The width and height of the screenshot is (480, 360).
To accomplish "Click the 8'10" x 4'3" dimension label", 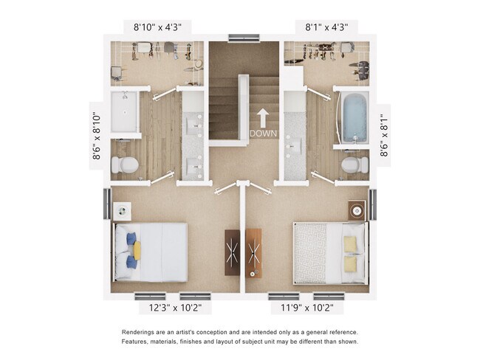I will [157, 27].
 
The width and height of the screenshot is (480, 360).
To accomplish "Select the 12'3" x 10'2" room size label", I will [175, 307].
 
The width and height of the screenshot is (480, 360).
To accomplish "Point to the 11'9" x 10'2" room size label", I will [305, 307].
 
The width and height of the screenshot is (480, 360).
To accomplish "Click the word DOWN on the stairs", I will [262, 134].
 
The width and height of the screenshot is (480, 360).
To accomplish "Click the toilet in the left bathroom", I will [126, 165].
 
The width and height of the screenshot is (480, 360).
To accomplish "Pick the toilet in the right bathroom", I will [354, 165].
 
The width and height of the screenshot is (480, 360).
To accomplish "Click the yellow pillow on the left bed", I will [137, 250].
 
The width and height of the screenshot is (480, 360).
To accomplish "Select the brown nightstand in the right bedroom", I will [357, 210].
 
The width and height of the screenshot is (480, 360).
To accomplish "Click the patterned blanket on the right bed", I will [310, 252].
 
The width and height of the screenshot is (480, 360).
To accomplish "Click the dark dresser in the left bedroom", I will [233, 252].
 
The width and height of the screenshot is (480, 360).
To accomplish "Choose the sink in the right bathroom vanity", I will [295, 145].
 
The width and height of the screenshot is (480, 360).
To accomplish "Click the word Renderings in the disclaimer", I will [142, 332].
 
